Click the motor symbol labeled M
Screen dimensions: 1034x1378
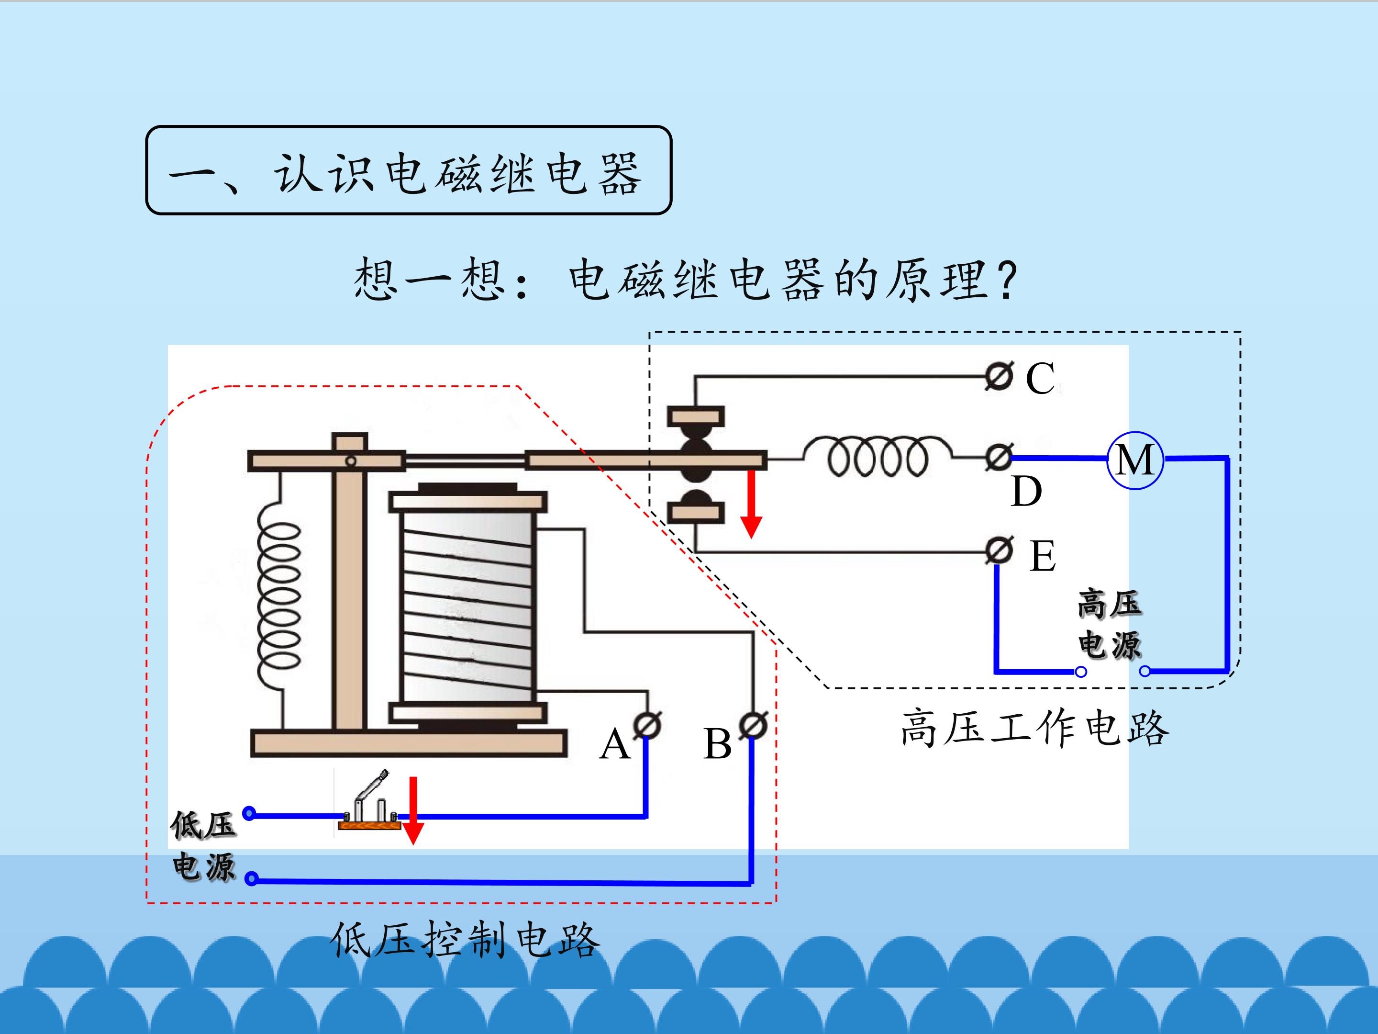pos(1135,461)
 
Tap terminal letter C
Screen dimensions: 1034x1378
pos(1040,378)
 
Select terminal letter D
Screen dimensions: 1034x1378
pos(1025,492)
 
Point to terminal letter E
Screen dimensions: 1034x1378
pos(1042,556)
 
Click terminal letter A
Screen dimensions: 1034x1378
pos(614,744)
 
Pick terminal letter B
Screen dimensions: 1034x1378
pos(717,744)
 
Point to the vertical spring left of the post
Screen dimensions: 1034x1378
pos(279,595)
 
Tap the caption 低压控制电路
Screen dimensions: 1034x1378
pos(465,940)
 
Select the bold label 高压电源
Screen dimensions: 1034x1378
pos(1110,625)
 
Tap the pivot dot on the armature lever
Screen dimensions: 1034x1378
pos(351,461)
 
